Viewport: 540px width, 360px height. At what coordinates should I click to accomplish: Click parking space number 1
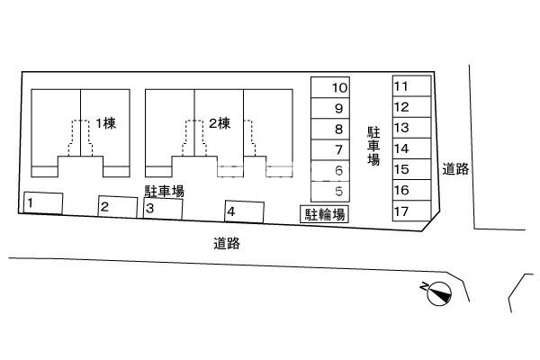point(43,203)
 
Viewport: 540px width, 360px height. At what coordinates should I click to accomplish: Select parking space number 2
point(118,207)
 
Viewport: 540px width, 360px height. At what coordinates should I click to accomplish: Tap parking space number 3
point(163,209)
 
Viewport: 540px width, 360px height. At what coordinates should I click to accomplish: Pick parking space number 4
point(245,211)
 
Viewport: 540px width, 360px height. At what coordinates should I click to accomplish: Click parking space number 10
point(330,87)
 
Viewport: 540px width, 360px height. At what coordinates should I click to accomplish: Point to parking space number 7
point(330,150)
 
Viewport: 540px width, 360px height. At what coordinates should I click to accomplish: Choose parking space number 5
point(330,192)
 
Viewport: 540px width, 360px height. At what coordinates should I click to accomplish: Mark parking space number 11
point(412,86)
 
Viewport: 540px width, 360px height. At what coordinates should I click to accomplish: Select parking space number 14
point(412,148)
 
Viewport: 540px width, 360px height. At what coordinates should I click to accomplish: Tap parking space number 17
point(412,211)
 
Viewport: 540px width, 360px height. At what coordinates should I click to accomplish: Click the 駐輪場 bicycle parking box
point(324,214)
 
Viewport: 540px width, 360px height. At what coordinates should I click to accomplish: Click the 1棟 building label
point(105,123)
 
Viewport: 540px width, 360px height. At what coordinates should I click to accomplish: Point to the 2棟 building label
point(220,123)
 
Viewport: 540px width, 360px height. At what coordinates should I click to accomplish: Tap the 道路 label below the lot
point(227,244)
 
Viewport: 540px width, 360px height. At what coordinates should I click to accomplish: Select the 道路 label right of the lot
point(455,169)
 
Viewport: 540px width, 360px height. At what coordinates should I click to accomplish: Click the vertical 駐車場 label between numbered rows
point(373,146)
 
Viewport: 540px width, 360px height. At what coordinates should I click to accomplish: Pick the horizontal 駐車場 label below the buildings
point(165,191)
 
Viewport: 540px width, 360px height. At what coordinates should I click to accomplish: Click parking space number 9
point(330,109)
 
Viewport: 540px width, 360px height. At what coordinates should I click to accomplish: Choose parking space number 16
point(412,190)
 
